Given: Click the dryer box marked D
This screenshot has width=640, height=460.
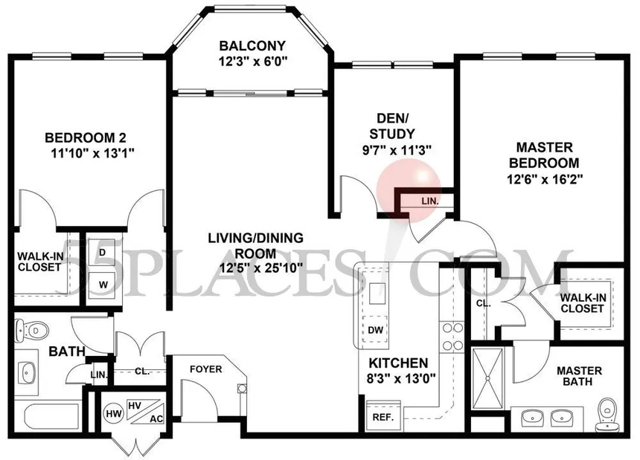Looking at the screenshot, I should click(101, 251).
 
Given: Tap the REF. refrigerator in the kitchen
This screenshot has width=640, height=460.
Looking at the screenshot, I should click(383, 417).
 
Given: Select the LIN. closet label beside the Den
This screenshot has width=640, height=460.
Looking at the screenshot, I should click(429, 201).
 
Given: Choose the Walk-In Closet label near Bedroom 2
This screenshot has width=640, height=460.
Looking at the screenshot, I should click(35, 262).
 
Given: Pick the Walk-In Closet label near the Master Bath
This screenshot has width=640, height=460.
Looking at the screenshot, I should click(583, 303).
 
